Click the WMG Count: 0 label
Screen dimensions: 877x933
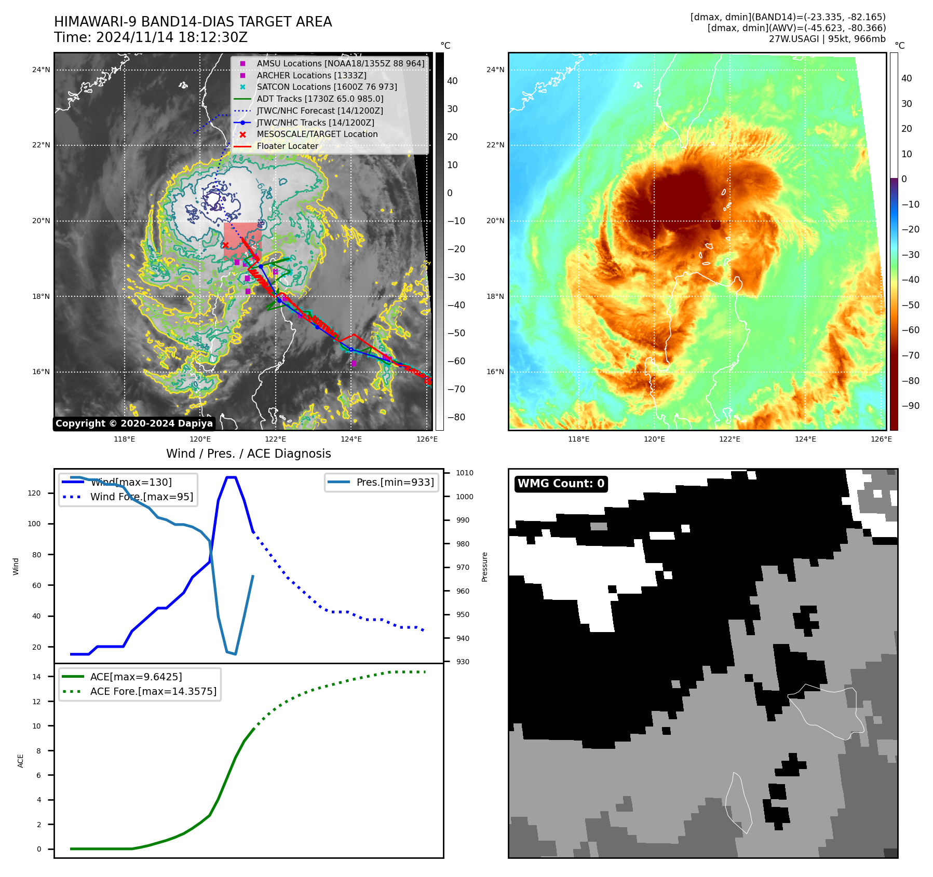click(561, 484)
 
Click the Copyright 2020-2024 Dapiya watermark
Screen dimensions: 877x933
click(134, 423)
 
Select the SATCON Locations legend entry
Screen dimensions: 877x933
click(327, 87)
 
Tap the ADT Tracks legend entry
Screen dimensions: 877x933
click(320, 99)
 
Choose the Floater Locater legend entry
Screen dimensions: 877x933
click(287, 146)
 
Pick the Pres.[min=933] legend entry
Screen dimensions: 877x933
click(395, 482)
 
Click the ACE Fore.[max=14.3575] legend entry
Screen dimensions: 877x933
click(153, 691)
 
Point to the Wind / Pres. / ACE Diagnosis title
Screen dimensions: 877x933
click(248, 454)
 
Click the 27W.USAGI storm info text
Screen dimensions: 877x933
click(827, 39)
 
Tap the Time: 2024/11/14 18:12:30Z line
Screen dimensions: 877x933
click(151, 38)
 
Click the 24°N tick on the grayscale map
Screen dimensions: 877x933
click(42, 70)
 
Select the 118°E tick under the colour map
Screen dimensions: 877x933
click(578, 439)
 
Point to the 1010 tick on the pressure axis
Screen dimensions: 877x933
click(465, 473)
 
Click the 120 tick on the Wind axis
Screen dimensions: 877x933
click(34, 493)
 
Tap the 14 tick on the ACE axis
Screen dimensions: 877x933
click(37, 676)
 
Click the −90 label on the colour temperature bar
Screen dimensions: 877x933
click(910, 406)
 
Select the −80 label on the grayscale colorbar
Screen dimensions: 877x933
click(456, 417)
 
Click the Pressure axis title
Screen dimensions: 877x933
click(484, 567)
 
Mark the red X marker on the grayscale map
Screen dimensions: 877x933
click(225, 245)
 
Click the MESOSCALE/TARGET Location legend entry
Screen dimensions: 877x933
click(317, 134)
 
